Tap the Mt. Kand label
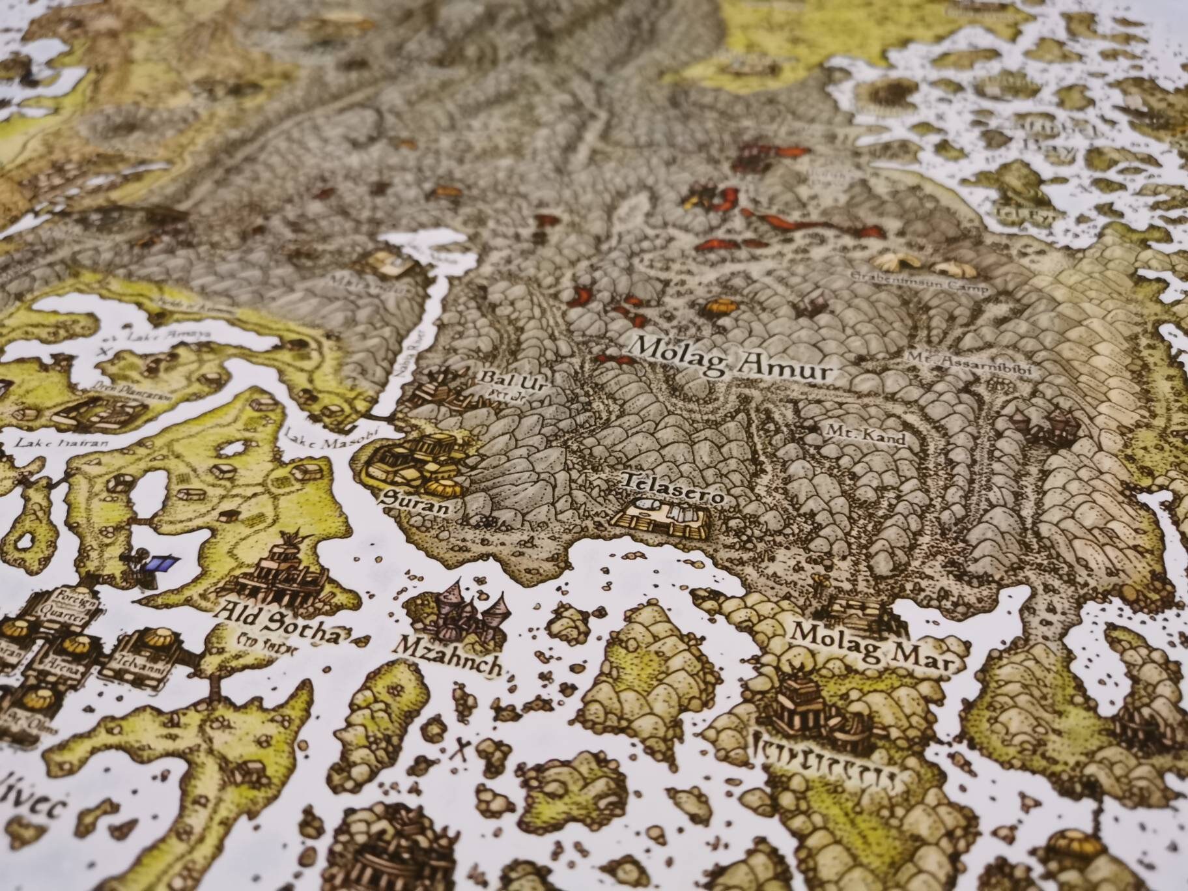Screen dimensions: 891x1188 pos(865,435)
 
